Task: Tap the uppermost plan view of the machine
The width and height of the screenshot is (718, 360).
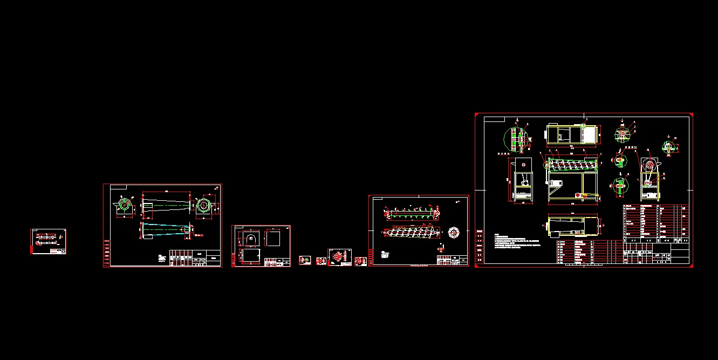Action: (x=572, y=134)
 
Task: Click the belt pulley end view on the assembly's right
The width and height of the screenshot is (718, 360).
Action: (x=649, y=173)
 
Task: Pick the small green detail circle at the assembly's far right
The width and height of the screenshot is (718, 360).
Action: (x=669, y=147)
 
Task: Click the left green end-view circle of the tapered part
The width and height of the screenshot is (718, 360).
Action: (x=124, y=206)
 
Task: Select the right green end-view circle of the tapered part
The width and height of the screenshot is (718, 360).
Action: (x=203, y=206)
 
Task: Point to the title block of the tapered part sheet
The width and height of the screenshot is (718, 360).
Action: (x=195, y=258)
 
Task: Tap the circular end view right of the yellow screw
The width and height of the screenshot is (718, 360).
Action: (x=454, y=232)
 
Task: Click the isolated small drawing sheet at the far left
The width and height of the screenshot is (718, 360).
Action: (x=49, y=241)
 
